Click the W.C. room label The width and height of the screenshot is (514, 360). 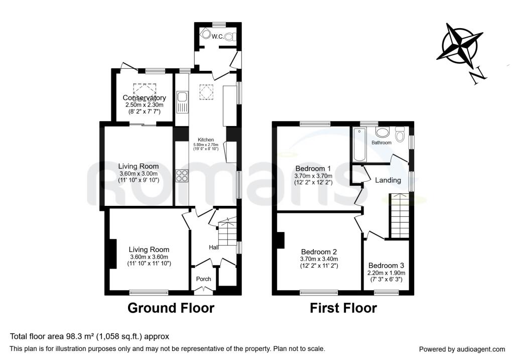click(217, 36)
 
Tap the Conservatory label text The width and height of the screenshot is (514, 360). click(145, 98)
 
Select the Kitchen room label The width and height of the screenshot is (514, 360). click(206, 140)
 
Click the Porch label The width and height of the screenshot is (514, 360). click(203, 279)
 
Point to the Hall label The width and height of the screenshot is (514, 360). click(214, 247)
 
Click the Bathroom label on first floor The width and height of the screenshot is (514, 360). click(381, 143)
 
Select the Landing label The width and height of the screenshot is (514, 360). click(388, 180)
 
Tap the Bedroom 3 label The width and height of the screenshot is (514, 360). click(386, 266)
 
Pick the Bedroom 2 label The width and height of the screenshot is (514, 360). click(319, 252)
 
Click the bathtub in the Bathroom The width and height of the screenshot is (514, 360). click(359, 145)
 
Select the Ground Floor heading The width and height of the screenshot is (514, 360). click(171, 308)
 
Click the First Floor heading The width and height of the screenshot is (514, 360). click(343, 308)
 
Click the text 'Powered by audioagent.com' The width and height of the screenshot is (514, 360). click(462, 349)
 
